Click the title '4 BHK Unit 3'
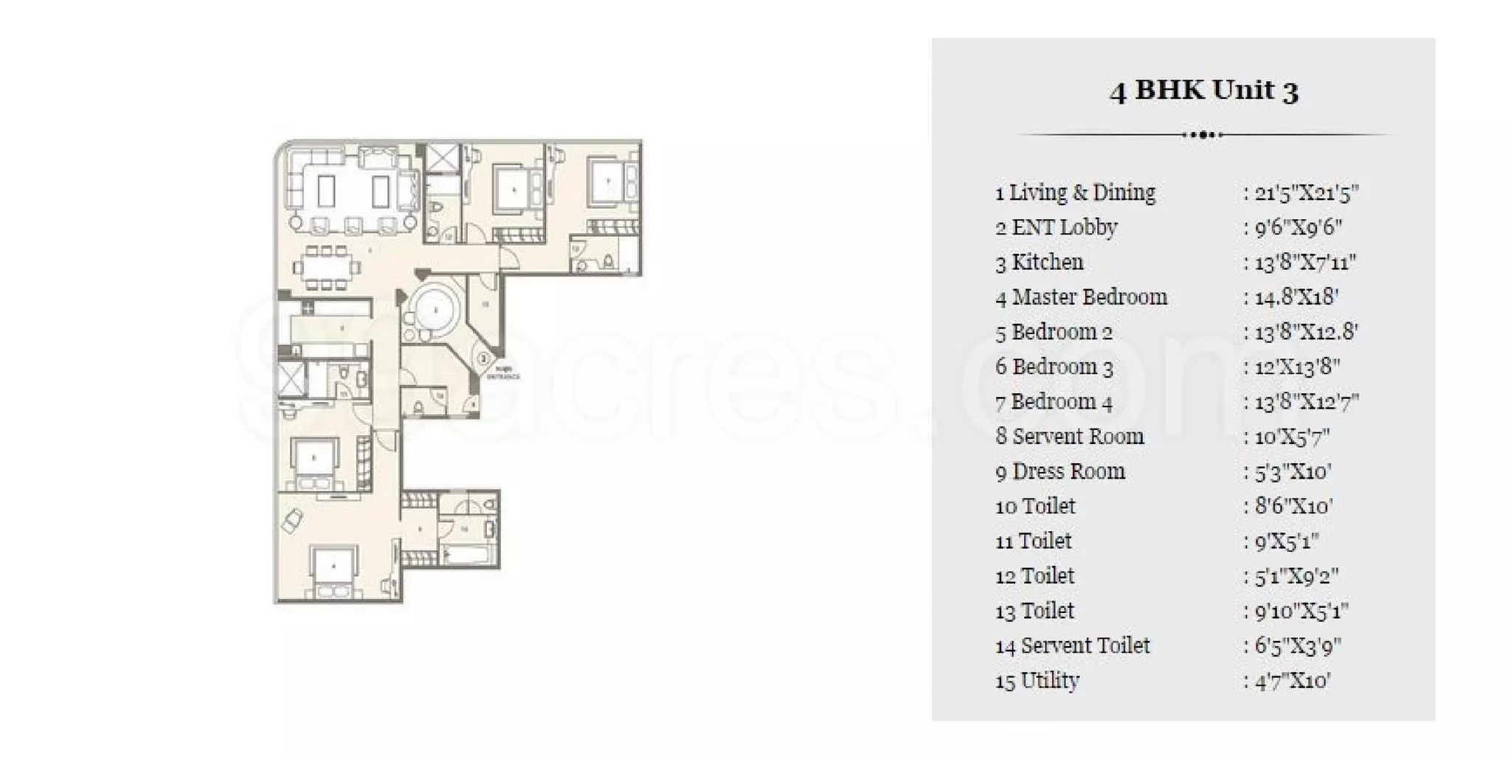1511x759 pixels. [1203, 90]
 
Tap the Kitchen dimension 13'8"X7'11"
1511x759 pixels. [1305, 263]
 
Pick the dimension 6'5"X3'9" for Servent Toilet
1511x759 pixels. [1298, 646]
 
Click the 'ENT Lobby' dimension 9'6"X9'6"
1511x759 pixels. [1298, 227]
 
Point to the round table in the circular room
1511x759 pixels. [435, 310]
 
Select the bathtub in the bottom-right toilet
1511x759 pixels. [468, 554]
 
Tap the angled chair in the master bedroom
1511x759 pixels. [291, 520]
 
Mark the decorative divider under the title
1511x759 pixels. [1203, 135]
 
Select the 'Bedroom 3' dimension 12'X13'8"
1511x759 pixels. [1297, 367]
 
